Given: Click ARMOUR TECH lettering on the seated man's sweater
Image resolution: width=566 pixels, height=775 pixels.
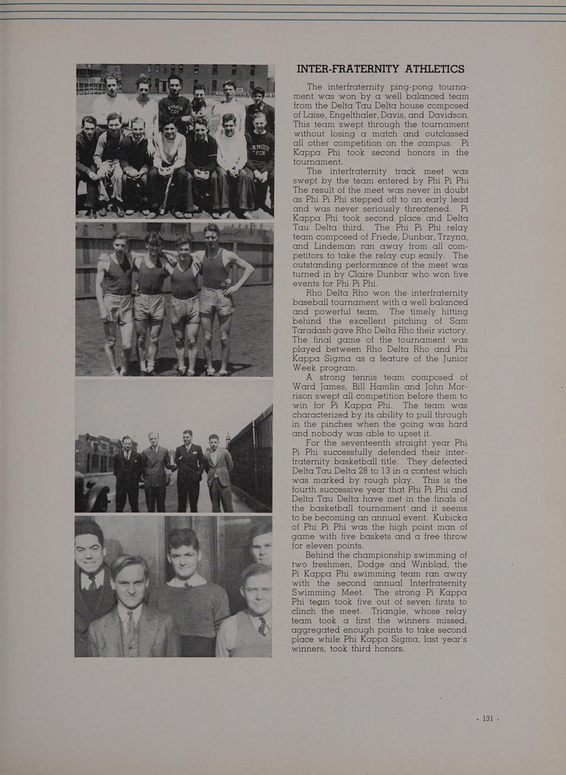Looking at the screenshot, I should click(x=258, y=150).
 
